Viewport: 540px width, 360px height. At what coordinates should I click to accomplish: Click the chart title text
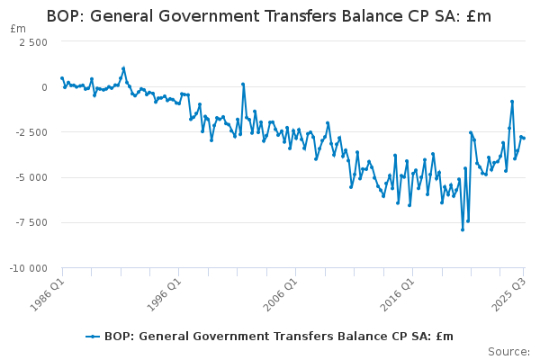tap(269, 15)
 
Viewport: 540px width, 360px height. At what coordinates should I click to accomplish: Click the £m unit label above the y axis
tap(18, 29)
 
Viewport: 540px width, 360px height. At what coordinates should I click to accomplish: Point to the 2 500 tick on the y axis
tap(34, 41)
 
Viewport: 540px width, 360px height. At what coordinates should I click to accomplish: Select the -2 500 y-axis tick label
tap(32, 132)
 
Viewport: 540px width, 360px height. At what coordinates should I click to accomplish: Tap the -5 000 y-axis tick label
tap(32, 177)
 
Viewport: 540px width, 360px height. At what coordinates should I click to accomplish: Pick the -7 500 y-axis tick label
tap(32, 223)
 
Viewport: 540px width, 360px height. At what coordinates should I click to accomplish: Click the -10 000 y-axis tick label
tap(30, 268)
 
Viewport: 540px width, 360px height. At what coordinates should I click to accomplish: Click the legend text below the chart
tap(279, 337)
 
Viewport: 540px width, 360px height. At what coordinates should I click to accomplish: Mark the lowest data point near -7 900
tap(463, 229)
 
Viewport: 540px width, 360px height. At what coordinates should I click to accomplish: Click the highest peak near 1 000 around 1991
tap(123, 68)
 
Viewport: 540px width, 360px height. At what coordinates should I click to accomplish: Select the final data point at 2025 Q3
tap(524, 138)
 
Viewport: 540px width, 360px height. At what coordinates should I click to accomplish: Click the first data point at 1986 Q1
tap(61, 78)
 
